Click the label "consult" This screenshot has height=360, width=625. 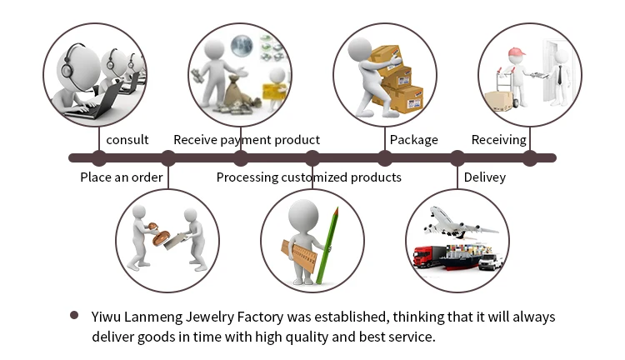tap(127, 140)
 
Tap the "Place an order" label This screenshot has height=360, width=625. tap(121, 177)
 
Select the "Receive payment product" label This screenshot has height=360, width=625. tap(246, 140)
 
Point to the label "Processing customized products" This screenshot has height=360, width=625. tap(308, 177)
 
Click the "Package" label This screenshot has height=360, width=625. tap(413, 140)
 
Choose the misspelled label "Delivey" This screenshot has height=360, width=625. tap(484, 177)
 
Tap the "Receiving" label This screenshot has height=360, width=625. tap(498, 140)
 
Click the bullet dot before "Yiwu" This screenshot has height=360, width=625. tap(74, 316)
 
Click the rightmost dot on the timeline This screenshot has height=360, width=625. tap(529, 157)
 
